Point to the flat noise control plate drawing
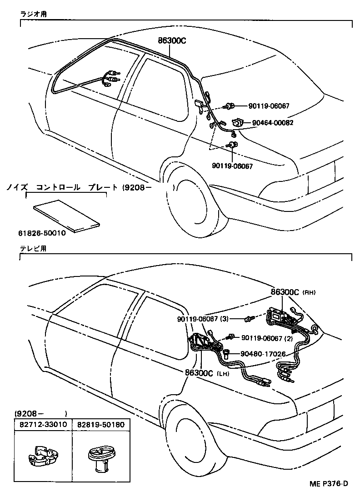[x=66, y=214]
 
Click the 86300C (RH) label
[x=288, y=292]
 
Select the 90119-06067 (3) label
[x=203, y=319]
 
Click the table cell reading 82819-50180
[x=101, y=424]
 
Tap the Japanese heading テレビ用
[x=33, y=249]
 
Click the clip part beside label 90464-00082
[x=238, y=122]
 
